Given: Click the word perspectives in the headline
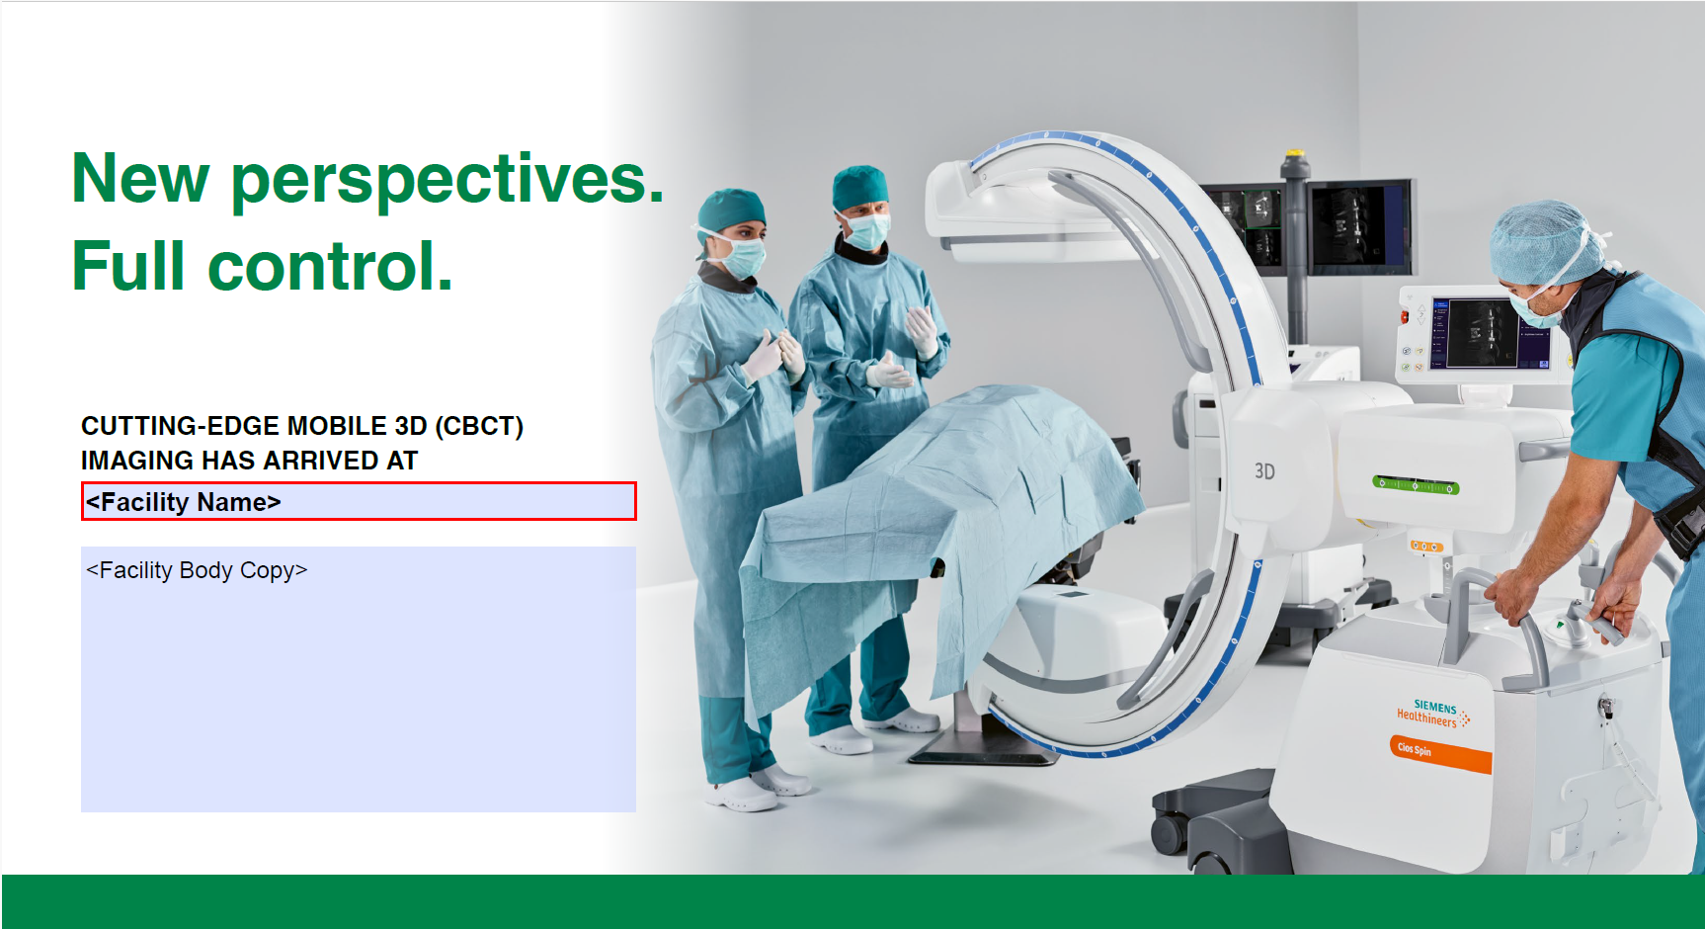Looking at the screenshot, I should click(447, 181).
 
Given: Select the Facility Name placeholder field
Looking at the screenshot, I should click(359, 502).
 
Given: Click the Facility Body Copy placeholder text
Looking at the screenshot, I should click(198, 571).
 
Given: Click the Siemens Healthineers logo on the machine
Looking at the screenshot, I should click(1431, 713).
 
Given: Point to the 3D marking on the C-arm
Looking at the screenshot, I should click(1264, 471).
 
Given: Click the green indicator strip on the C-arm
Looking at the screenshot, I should click(1415, 485).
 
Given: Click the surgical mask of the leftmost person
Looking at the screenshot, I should click(742, 254).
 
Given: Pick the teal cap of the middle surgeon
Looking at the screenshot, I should click(858, 186).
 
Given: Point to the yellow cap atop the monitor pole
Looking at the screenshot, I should click(1295, 154).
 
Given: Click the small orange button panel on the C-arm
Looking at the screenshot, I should click(1425, 546).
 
